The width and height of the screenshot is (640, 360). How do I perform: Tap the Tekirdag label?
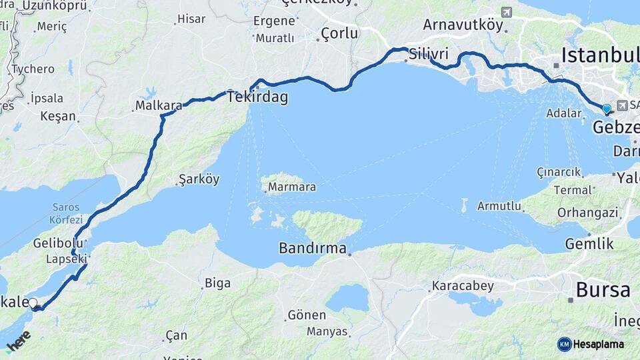click(257, 98)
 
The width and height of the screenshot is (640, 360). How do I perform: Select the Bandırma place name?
click(313, 249)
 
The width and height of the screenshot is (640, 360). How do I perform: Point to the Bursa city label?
click(603, 290)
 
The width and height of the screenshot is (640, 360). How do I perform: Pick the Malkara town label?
click(159, 105)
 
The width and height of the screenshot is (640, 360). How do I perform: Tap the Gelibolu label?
click(58, 243)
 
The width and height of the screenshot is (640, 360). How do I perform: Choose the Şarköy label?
click(199, 179)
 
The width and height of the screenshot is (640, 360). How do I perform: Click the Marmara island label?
click(292, 187)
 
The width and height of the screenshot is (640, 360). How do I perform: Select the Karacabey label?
click(463, 287)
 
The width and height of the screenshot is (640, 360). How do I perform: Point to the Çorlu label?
click(339, 33)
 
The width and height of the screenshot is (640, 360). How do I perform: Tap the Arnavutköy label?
click(463, 25)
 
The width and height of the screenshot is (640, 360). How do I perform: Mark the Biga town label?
click(217, 283)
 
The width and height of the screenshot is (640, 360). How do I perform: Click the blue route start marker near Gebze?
click(606, 108)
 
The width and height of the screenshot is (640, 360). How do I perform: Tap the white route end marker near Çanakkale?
click(33, 303)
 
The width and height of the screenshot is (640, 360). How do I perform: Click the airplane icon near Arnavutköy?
click(507, 13)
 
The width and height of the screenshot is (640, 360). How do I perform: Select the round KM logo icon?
click(565, 344)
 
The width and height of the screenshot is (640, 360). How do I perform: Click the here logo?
click(19, 341)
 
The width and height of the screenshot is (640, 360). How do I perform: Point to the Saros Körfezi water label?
click(65, 214)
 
